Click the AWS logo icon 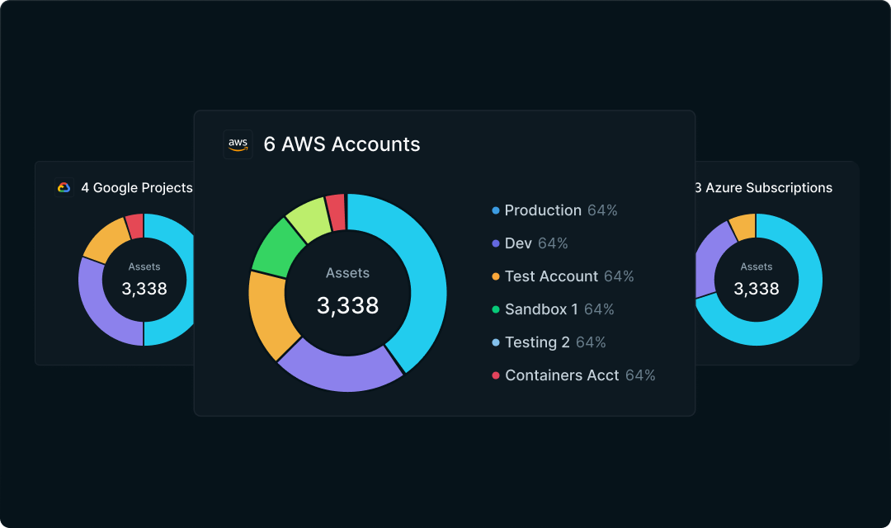tap(238, 144)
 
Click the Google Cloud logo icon tap(64, 188)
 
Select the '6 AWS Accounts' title tap(342, 144)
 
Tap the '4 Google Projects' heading tap(136, 188)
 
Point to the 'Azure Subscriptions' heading tap(763, 188)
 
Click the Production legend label tap(543, 210)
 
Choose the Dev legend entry tap(519, 243)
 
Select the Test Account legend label tap(551, 276)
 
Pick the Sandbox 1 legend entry tap(541, 309)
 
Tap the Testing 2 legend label tap(537, 342)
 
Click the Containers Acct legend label tap(562, 375)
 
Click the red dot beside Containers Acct tap(496, 375)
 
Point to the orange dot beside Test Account tap(496, 276)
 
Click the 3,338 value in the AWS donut tap(347, 305)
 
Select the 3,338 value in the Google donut tap(144, 289)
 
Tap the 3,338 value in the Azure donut tap(757, 289)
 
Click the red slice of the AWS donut tap(336, 212)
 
